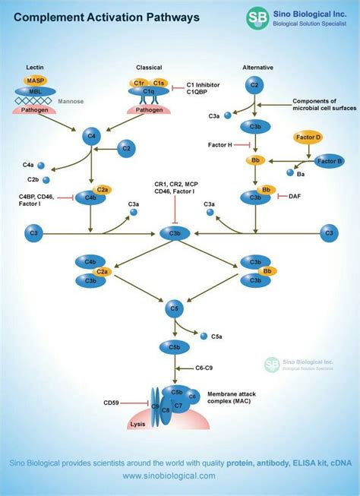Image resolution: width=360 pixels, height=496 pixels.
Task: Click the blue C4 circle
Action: point(93,137)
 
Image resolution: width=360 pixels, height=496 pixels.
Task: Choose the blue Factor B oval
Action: point(330,161)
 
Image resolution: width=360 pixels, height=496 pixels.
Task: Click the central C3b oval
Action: point(175,232)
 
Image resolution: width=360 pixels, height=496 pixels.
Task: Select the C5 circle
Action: point(175,309)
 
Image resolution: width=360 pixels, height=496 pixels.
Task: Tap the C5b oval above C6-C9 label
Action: point(175,347)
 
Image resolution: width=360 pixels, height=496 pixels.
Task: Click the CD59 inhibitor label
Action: point(114,403)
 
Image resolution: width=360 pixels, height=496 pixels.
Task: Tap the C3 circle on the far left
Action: point(33,232)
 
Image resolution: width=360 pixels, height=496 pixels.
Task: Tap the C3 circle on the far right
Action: point(328,232)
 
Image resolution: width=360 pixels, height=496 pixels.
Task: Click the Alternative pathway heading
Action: point(258,68)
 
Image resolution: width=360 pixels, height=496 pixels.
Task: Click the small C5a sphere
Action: point(203,334)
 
